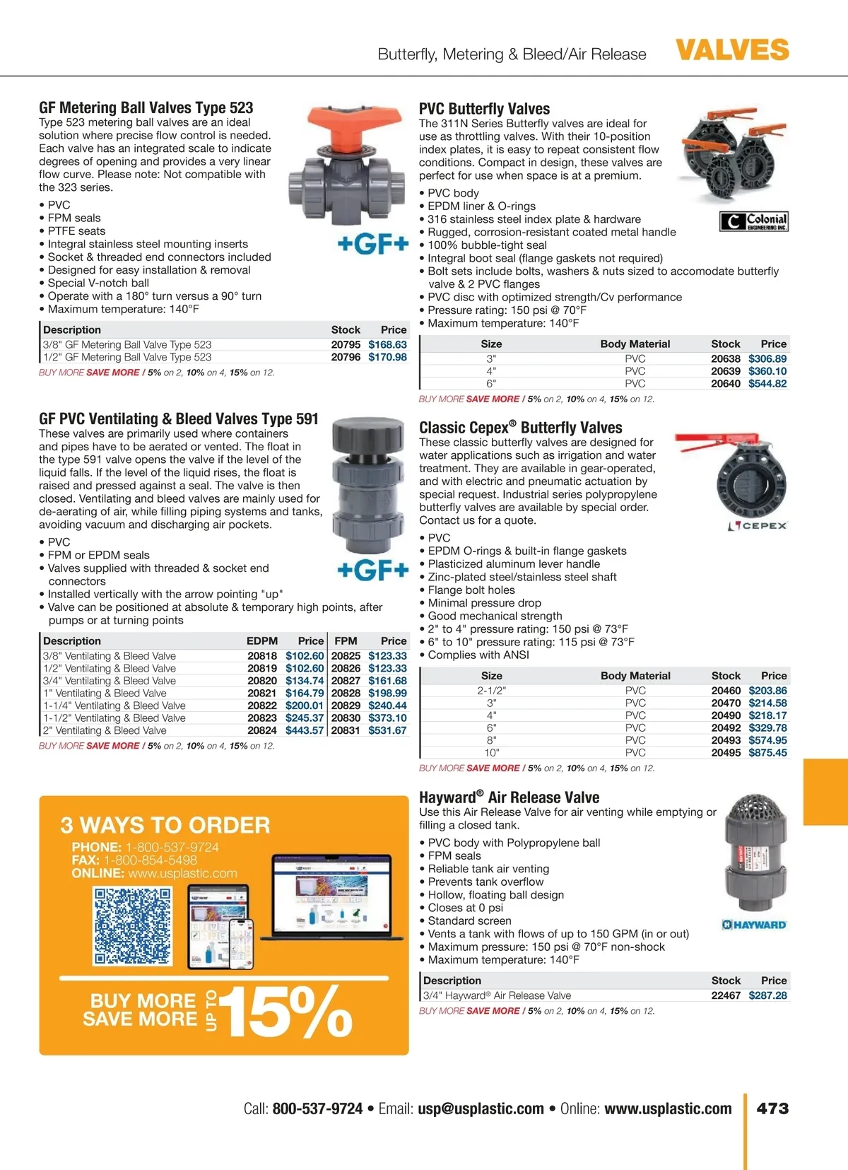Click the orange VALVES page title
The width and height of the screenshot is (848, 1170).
(732, 50)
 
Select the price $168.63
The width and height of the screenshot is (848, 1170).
(387, 345)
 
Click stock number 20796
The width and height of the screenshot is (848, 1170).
(346, 358)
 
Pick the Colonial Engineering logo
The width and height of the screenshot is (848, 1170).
(754, 221)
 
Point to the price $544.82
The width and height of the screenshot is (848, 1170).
(767, 384)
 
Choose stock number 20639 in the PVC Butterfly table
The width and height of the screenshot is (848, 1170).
(726, 371)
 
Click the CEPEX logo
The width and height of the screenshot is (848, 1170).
(758, 526)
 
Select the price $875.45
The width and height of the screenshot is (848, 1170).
(767, 753)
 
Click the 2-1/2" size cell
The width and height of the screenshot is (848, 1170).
(492, 691)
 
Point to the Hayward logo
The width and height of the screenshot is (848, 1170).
(754, 925)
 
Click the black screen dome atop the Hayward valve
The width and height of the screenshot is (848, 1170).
(758, 810)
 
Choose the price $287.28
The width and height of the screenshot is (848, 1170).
(767, 995)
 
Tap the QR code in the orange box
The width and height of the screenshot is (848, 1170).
(133, 926)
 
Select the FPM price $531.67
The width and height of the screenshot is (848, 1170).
(387, 731)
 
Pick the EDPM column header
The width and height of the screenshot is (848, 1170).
(261, 641)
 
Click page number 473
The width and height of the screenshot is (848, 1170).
(772, 1108)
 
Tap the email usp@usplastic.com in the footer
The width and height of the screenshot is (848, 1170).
(481, 1108)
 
